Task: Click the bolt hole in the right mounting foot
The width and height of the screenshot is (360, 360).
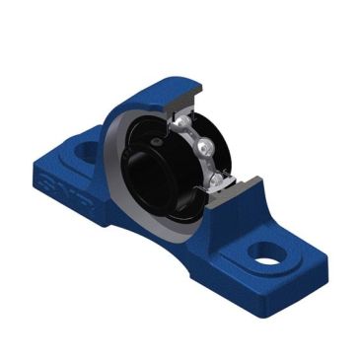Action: tap(263, 252)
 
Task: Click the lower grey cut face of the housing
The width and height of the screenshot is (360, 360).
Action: tap(243, 186)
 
